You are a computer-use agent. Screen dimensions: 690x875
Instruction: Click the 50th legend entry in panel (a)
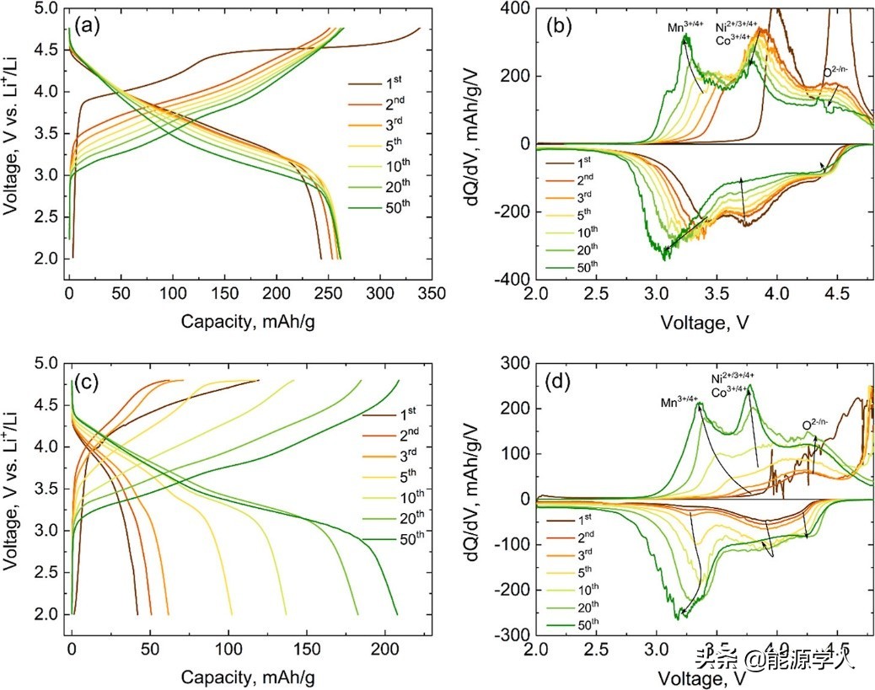pyautogui.click(x=395, y=250)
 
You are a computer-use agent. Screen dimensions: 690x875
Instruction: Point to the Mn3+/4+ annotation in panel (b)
pyautogui.click(x=686, y=27)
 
